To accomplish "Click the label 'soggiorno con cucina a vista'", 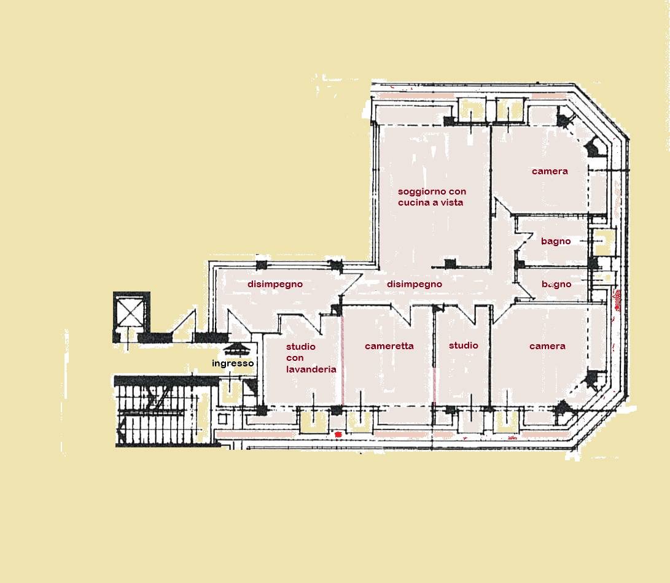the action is pos(432,197).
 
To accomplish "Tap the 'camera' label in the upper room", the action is pos(550,171).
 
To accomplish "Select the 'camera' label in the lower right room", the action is pos(547,346).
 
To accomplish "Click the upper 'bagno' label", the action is pos(556,241).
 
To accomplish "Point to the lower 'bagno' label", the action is pos(556,284).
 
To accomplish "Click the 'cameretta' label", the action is pos(389,346).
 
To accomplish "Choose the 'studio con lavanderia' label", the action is pos(311,358).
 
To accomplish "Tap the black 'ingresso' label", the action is pos(233,363).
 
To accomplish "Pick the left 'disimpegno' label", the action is pos(275,284).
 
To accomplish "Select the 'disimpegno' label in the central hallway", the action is pos(415,284).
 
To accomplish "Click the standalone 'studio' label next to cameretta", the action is pos(464,345).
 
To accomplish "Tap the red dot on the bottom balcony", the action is pos(338,434).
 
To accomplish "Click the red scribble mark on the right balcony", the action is pos(617,299).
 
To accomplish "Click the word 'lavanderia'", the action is pos(311,369).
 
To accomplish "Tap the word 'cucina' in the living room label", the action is pos(412,203).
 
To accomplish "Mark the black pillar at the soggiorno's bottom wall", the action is pos(450,263).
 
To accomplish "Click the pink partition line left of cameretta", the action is pos(342,361).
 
